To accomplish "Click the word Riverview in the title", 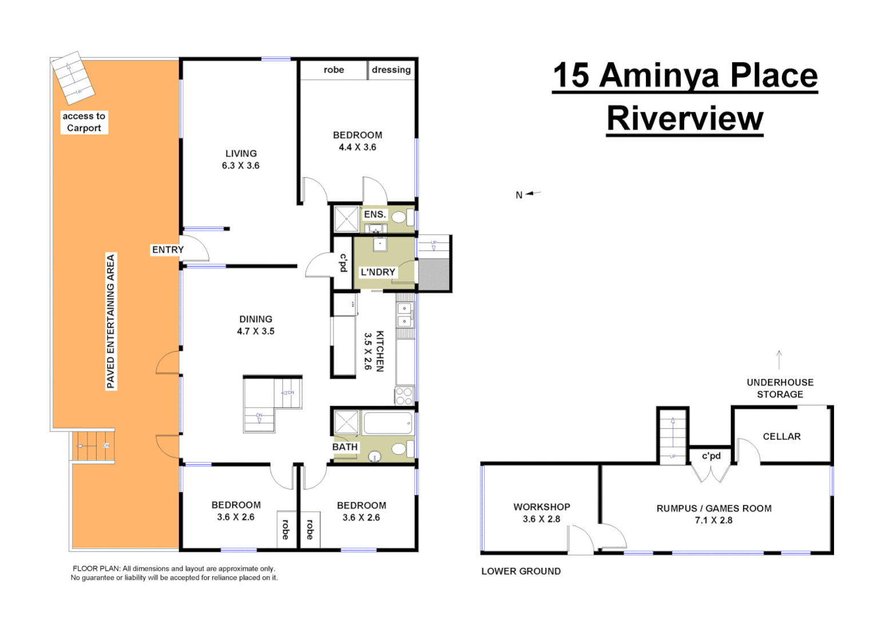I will [x=685, y=118].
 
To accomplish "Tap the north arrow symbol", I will [x=533, y=193].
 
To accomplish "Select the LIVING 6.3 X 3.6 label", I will [x=241, y=160].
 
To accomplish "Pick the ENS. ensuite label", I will [x=375, y=215].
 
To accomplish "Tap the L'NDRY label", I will [x=378, y=272].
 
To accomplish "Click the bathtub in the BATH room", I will [x=387, y=423].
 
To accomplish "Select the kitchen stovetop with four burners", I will [x=404, y=396].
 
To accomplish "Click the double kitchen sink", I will [x=404, y=315].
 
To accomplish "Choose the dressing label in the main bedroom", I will [x=391, y=70].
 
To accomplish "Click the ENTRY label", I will [x=168, y=250].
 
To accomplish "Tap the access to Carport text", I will [x=84, y=122].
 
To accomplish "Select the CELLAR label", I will [x=781, y=437].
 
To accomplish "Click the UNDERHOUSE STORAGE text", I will [x=780, y=389].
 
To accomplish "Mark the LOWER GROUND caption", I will [x=521, y=571].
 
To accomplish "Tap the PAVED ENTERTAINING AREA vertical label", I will [x=111, y=321].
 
